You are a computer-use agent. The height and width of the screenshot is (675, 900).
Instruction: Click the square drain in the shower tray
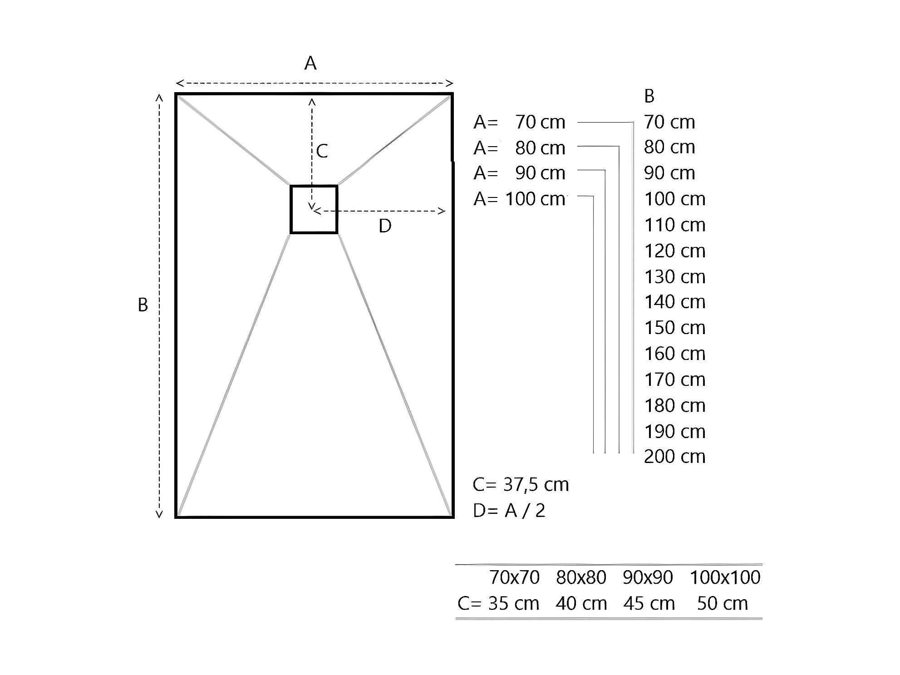click(314, 209)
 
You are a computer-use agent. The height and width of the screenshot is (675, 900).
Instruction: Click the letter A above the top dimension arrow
click(310, 64)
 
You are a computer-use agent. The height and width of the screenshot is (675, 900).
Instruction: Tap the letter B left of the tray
click(143, 305)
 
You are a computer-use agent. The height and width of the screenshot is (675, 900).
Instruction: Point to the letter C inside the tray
click(322, 151)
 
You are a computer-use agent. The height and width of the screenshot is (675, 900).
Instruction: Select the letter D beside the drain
click(385, 226)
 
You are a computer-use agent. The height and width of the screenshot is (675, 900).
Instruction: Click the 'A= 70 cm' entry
click(519, 122)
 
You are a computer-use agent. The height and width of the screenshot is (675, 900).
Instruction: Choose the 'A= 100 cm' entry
click(519, 199)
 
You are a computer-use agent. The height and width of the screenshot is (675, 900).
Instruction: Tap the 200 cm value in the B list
click(674, 457)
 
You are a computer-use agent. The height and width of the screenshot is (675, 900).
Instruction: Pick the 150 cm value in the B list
click(674, 328)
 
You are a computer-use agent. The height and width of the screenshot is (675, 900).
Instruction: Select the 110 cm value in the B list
click(674, 225)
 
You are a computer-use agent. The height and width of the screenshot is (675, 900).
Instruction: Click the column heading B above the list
click(649, 96)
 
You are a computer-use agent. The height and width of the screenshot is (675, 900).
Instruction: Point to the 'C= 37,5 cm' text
click(521, 485)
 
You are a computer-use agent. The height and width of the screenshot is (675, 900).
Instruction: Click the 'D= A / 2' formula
click(509, 511)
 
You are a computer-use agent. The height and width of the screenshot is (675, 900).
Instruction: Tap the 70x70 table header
click(514, 577)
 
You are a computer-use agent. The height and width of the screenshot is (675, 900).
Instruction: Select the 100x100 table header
click(725, 577)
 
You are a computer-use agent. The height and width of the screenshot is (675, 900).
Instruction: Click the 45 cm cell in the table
click(649, 604)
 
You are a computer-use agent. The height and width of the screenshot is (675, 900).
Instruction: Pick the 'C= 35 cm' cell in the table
click(498, 604)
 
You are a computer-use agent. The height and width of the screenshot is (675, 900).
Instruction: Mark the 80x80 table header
click(581, 577)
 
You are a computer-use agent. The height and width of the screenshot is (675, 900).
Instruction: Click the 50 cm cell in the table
click(722, 604)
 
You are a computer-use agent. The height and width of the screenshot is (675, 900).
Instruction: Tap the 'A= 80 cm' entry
click(519, 148)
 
